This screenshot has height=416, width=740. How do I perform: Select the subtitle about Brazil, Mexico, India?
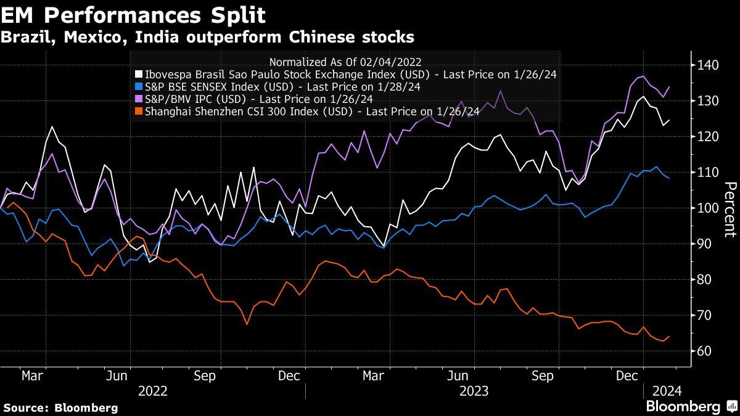207,37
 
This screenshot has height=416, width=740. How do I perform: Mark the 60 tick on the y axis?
702,351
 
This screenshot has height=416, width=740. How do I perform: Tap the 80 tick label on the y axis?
702,280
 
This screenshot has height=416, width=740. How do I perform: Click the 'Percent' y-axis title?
730,209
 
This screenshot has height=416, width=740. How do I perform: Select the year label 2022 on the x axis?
152,391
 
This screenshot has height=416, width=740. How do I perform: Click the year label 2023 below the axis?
474,391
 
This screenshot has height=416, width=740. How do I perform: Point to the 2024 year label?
666,391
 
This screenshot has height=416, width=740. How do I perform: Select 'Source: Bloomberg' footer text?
60,407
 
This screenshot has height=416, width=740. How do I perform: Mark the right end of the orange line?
670,336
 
